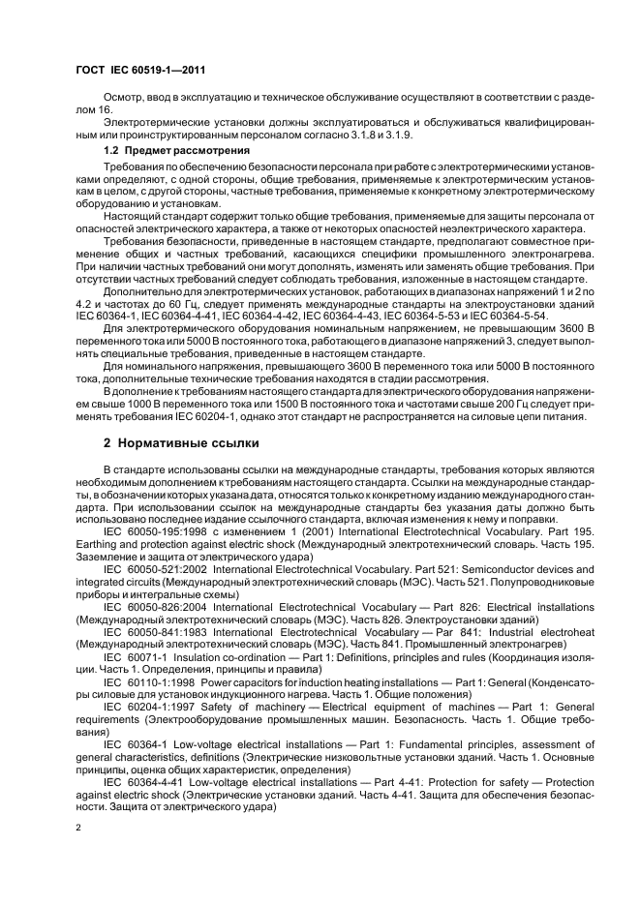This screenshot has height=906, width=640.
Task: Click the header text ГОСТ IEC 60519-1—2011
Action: coord(139,70)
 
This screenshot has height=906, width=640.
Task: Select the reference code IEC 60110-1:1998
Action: coord(145,683)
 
